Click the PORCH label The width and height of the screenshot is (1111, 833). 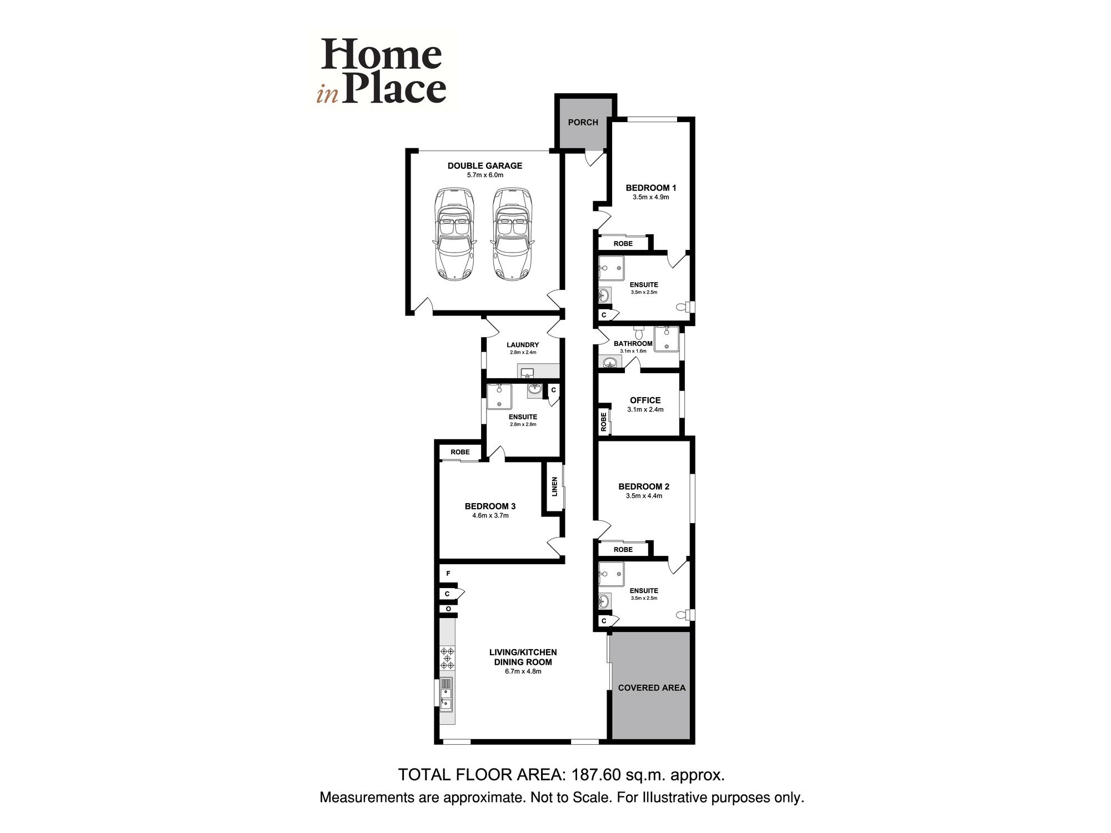click(x=583, y=122)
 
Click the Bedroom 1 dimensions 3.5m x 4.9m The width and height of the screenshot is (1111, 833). click(x=650, y=197)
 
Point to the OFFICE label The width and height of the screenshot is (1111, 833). click(x=645, y=400)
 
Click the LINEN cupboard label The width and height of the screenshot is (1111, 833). click(x=554, y=487)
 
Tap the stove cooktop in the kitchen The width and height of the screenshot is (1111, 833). click(x=447, y=658)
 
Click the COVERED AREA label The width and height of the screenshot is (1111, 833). click(x=652, y=688)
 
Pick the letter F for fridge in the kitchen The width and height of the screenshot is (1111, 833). click(x=448, y=573)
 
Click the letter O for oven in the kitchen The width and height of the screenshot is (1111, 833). click(x=448, y=609)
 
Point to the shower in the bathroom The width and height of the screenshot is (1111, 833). click(x=666, y=339)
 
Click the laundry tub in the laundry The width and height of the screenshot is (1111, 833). click(x=528, y=372)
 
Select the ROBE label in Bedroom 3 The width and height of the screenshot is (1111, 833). click(x=460, y=452)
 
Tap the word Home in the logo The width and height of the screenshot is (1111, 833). click(x=381, y=55)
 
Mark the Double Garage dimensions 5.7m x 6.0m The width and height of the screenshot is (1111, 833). click(x=485, y=175)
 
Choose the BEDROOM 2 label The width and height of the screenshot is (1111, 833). click(x=644, y=486)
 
